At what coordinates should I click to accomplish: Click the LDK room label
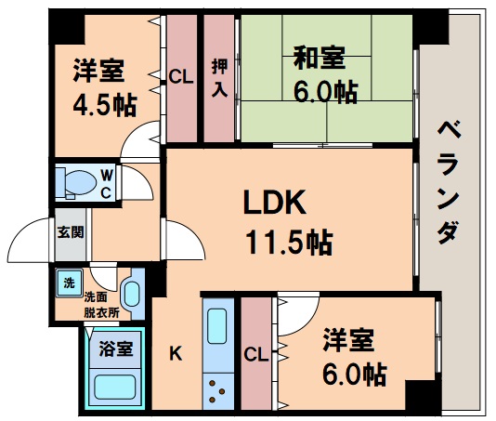click(275, 203)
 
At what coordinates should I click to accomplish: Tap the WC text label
click(107, 183)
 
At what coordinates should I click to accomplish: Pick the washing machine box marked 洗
click(68, 283)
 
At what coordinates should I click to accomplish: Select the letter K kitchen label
click(176, 353)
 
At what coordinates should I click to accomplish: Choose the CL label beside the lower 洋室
click(257, 353)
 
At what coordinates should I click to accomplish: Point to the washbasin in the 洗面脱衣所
click(130, 293)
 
